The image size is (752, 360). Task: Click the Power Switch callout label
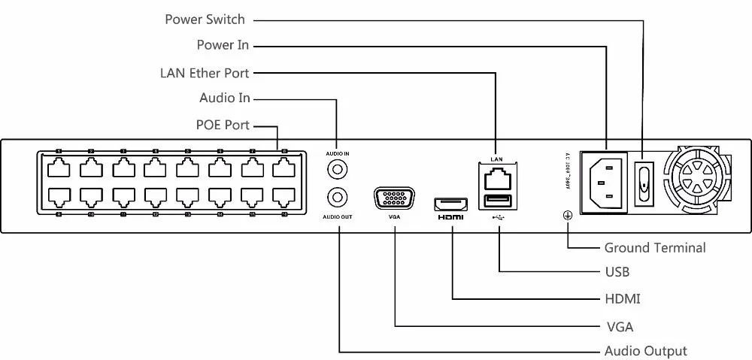pyautogui.click(x=205, y=20)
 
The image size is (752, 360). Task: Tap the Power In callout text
pyautogui.click(x=223, y=45)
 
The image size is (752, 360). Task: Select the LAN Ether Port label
pyautogui.click(x=205, y=74)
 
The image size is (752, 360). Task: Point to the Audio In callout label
pyautogui.click(x=224, y=98)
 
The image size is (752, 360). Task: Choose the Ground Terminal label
pyautogui.click(x=655, y=247)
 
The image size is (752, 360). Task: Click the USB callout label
pyautogui.click(x=617, y=272)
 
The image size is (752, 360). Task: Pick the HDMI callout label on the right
pyautogui.click(x=623, y=299)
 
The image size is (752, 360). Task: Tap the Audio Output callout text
pyautogui.click(x=646, y=351)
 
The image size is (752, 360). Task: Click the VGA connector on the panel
pyautogui.click(x=394, y=199)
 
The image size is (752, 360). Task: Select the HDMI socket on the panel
pyautogui.click(x=450, y=203)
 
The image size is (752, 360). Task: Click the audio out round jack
pyautogui.click(x=338, y=198)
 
